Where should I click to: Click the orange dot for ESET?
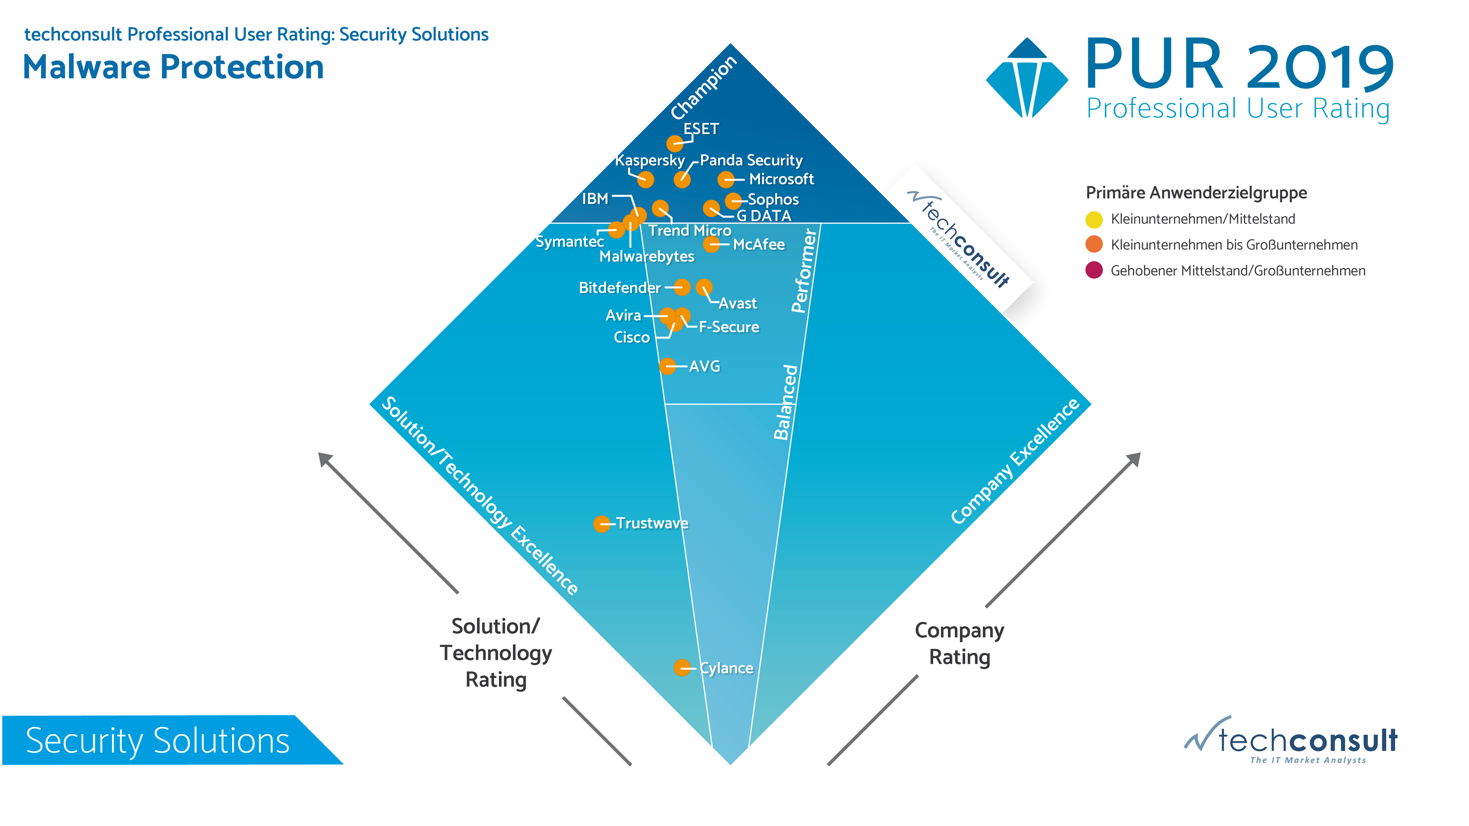tap(675, 143)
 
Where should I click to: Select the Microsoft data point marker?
tap(725, 180)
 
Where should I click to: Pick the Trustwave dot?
tap(602, 524)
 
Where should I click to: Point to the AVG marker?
tap(667, 366)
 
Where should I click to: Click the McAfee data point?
tap(711, 245)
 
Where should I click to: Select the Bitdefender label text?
tap(619, 288)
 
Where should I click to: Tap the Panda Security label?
tap(751, 160)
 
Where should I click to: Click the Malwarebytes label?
tap(647, 257)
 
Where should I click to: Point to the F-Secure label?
tap(729, 327)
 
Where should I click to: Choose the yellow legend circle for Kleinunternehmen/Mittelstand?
tap(1094, 219)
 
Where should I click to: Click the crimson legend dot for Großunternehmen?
tap(1094, 270)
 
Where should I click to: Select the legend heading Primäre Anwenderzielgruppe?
tap(1196, 193)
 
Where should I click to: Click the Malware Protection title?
tap(173, 67)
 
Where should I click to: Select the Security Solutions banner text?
tap(158, 741)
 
